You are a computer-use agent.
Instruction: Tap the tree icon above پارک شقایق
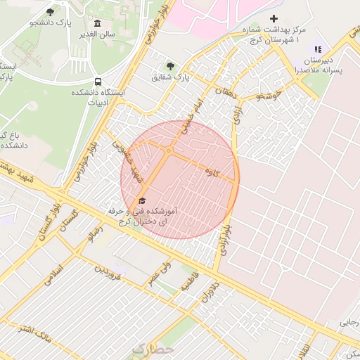(170, 65)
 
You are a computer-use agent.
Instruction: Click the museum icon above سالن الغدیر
(97, 24)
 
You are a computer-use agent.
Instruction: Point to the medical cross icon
(274, 18)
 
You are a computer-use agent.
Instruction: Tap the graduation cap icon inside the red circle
(143, 201)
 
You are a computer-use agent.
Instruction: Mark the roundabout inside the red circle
(169, 150)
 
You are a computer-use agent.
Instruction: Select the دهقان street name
(229, 96)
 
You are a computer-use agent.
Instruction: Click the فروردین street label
(109, 273)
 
